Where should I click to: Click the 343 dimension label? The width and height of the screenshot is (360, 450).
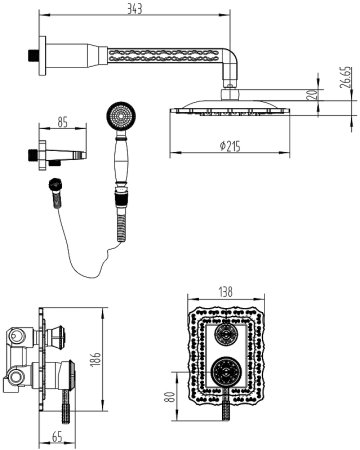135,9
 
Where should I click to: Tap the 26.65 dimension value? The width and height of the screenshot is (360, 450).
346,77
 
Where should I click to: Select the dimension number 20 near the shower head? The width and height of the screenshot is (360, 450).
312,95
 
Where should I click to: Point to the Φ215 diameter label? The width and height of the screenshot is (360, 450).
230,146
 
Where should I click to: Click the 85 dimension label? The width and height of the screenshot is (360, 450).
62,122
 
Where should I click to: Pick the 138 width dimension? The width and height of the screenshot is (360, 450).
226,292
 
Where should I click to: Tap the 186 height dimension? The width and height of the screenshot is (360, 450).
95,359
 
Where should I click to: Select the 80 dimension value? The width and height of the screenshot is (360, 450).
170,397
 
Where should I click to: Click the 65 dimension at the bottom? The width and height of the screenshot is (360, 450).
57,437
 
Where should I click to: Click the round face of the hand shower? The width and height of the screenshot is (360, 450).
121,116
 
